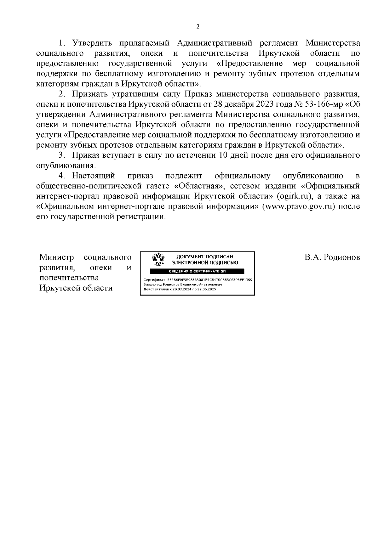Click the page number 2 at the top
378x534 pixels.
198,27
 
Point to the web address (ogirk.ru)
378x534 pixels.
295,196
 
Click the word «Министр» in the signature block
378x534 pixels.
57,258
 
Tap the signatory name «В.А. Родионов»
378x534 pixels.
332,258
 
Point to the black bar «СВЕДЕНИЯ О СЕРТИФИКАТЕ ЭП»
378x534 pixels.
197,271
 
